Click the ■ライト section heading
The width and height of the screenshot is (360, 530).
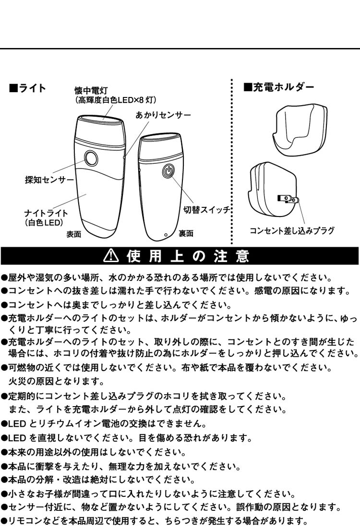tap(28, 88)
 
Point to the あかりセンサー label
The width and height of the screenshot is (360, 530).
tap(163, 115)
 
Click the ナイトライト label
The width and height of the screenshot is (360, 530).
tap(46, 213)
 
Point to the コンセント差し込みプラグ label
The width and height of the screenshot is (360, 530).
tap(292, 231)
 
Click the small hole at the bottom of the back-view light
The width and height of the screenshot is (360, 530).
tap(165, 235)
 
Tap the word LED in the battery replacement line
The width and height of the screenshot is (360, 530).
tap(16, 424)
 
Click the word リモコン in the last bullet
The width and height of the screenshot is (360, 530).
tap(24, 521)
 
